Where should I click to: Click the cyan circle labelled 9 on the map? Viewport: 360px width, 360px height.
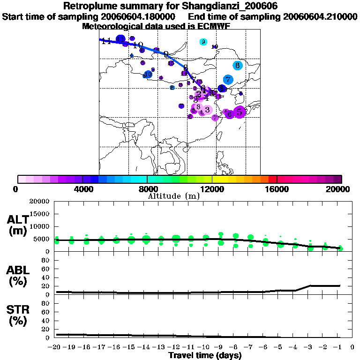[203, 42]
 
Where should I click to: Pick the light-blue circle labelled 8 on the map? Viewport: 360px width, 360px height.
[238, 66]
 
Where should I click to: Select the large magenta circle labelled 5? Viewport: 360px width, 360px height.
[240, 112]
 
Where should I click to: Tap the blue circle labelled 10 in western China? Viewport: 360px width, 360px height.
[148, 74]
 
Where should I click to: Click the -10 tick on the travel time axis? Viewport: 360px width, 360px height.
[205, 347]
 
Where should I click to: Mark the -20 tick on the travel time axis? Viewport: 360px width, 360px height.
[56, 347]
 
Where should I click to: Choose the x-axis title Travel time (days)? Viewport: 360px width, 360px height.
[205, 355]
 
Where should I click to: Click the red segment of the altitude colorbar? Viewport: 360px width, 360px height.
[272, 179]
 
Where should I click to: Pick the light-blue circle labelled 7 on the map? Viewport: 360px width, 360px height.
[228, 79]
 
